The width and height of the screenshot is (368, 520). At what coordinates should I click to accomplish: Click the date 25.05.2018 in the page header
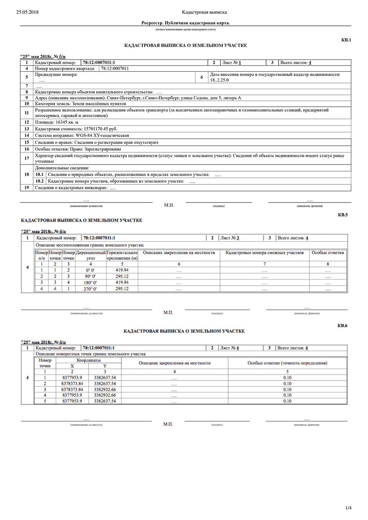click(27, 12)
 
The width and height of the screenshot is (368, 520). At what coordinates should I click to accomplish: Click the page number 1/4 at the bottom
click(348, 508)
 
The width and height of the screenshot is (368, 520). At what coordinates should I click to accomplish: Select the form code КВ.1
click(346, 40)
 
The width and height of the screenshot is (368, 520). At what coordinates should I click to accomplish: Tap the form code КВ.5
click(342, 215)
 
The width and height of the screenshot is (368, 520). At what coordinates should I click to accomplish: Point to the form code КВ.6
click(342, 326)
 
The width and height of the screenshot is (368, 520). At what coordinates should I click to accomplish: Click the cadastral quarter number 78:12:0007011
click(115, 68)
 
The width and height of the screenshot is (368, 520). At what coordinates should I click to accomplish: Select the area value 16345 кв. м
click(67, 122)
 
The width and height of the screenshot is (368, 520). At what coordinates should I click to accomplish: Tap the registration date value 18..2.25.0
click(219, 80)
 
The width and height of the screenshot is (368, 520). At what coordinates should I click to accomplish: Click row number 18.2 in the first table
click(39, 181)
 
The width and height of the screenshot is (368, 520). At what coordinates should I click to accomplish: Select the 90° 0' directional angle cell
click(91, 276)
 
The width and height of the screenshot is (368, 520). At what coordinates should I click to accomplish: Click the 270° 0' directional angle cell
click(91, 289)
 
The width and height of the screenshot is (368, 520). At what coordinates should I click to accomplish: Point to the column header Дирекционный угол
click(91, 255)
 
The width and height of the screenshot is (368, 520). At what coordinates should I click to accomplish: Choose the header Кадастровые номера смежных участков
click(265, 253)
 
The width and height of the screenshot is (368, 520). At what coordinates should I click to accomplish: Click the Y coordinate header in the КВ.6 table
click(105, 366)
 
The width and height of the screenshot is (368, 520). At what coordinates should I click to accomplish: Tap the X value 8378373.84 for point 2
click(72, 383)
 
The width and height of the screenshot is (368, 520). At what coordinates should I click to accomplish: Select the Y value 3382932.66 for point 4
click(105, 395)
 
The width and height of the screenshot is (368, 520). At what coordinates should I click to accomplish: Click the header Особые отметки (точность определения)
click(287, 363)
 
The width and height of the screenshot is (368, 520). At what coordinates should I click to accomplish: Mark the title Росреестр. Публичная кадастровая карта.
click(185, 23)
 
